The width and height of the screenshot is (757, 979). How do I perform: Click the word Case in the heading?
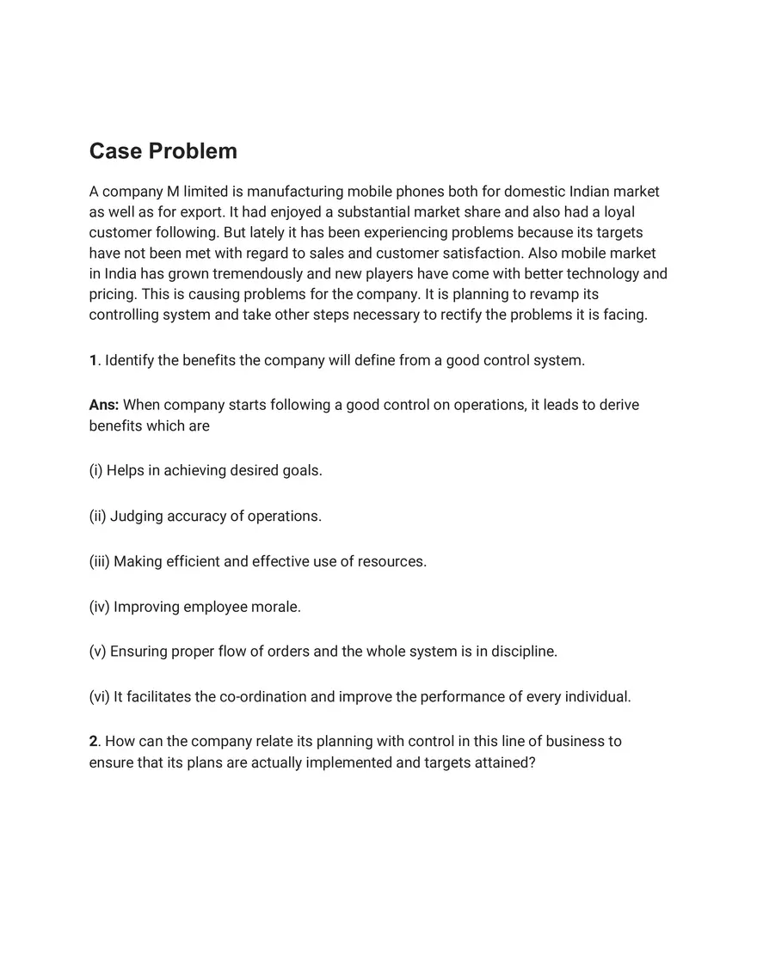(x=116, y=151)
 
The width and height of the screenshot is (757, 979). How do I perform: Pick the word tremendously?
(x=268, y=274)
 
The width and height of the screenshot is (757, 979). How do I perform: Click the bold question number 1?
(x=93, y=360)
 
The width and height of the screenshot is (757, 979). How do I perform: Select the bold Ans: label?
(x=104, y=405)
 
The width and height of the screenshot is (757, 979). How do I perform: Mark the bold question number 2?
(x=93, y=742)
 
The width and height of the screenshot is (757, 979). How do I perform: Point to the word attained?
(x=502, y=762)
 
